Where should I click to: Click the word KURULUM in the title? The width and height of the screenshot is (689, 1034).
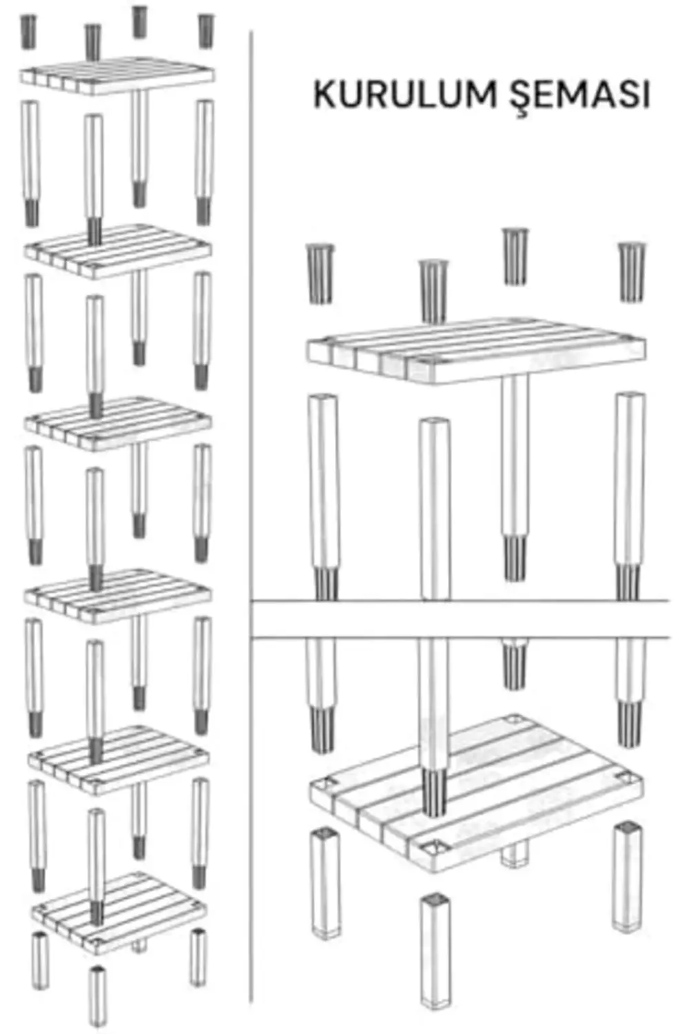(404, 94)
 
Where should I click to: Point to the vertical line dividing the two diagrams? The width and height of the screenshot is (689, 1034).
(251, 517)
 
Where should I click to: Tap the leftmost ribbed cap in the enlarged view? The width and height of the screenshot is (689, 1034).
(320, 274)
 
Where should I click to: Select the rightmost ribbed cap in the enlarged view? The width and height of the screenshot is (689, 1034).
(632, 272)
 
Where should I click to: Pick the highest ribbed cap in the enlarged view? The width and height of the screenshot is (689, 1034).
(515, 256)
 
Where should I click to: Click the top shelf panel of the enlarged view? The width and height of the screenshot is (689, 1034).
(476, 350)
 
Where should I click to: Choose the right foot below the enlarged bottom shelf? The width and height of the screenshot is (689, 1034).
(628, 876)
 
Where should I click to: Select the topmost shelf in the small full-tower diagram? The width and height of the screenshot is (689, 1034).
(116, 76)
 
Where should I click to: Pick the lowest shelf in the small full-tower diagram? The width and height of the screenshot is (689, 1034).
(119, 913)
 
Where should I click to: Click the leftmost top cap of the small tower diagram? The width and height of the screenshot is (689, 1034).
(28, 32)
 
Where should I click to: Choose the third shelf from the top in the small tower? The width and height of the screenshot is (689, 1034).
(118, 423)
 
